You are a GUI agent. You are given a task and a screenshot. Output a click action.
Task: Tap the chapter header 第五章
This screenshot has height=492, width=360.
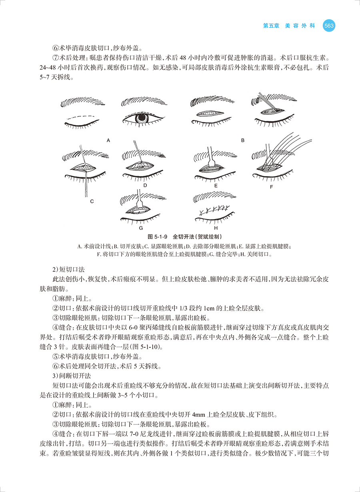click(x=271, y=26)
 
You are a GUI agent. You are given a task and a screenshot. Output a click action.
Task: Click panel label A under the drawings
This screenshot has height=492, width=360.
click(x=108, y=140)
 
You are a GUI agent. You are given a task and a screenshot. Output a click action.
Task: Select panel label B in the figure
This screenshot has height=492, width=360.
click(x=242, y=140)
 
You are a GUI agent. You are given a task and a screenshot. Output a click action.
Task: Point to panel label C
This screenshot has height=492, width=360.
click(x=92, y=201)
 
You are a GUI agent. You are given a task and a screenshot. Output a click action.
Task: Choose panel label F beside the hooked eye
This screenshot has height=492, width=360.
click(x=272, y=186)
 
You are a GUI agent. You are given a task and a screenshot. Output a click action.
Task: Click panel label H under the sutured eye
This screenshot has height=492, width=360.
click(x=216, y=228)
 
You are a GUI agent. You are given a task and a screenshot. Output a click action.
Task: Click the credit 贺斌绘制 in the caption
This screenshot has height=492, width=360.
click(x=210, y=236)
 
